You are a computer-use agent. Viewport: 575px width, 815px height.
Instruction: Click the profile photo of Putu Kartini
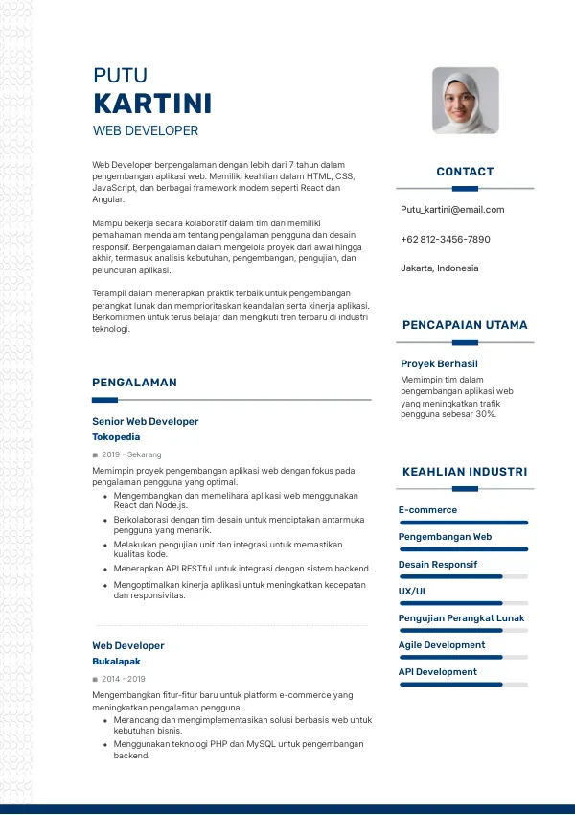[x=466, y=101]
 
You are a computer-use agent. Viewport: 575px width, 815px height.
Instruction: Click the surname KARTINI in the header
[x=152, y=105]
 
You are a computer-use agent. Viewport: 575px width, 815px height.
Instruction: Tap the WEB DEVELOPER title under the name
[x=146, y=130]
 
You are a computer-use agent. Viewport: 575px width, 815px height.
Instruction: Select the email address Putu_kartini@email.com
[x=452, y=210]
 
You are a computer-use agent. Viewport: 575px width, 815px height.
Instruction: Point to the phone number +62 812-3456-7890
[x=446, y=240]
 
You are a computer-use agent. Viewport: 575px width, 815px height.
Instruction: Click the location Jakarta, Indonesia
[x=440, y=268]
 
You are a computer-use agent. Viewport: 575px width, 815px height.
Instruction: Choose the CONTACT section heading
[x=465, y=172]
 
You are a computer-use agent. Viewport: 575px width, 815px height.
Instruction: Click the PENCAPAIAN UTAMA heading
[x=465, y=325]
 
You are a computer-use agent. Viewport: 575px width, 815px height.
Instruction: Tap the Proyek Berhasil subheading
[x=439, y=364]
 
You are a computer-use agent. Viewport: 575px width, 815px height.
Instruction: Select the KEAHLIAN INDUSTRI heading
[x=465, y=472]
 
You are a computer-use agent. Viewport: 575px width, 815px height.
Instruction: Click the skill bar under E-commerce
[x=464, y=523]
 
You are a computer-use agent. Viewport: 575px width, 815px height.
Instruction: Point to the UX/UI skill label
[x=412, y=592]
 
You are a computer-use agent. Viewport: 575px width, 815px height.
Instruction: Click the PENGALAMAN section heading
[x=134, y=383]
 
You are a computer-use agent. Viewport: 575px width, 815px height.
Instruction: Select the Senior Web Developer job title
[x=146, y=421]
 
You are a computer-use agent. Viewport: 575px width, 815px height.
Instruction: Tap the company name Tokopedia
[x=116, y=437]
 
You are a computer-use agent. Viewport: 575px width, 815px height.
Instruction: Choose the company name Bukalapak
[x=116, y=662]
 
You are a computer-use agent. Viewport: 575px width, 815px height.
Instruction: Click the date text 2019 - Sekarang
[x=131, y=454]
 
